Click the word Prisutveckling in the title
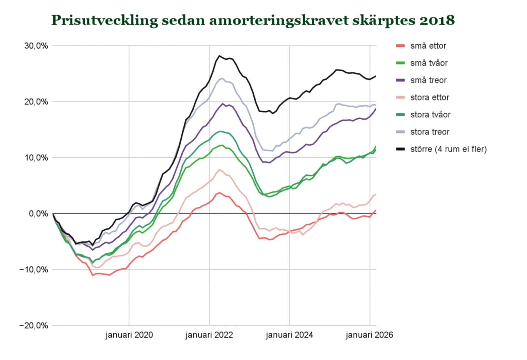[x=104, y=21]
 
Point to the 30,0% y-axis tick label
[x=36, y=46]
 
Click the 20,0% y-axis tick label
[x=36, y=102]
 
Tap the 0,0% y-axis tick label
[x=38, y=214]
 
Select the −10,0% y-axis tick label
[x=34, y=270]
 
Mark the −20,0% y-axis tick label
[x=34, y=326]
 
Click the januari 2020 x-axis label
[x=129, y=335]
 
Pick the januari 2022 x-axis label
[x=209, y=335]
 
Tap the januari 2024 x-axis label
[x=289, y=335]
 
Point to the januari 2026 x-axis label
[x=369, y=335]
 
